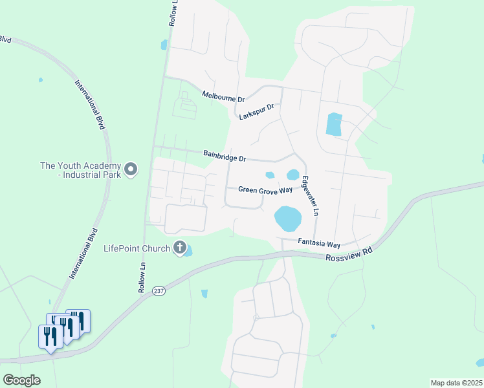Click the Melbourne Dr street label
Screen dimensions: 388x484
223,97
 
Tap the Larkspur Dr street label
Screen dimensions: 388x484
257,112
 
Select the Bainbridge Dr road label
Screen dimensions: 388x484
225,156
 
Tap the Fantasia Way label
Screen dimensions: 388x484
319,244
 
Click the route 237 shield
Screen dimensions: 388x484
159,291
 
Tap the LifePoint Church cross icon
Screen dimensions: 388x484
179,248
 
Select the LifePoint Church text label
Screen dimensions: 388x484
137,248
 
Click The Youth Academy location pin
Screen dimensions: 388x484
131,170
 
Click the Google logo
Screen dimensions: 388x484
22,380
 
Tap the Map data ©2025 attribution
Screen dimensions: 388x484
456,383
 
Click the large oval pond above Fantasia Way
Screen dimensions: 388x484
288,218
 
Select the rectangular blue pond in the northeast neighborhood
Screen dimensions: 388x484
333,124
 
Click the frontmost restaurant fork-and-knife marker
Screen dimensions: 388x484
50,337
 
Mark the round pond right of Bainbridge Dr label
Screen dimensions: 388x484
293,175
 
